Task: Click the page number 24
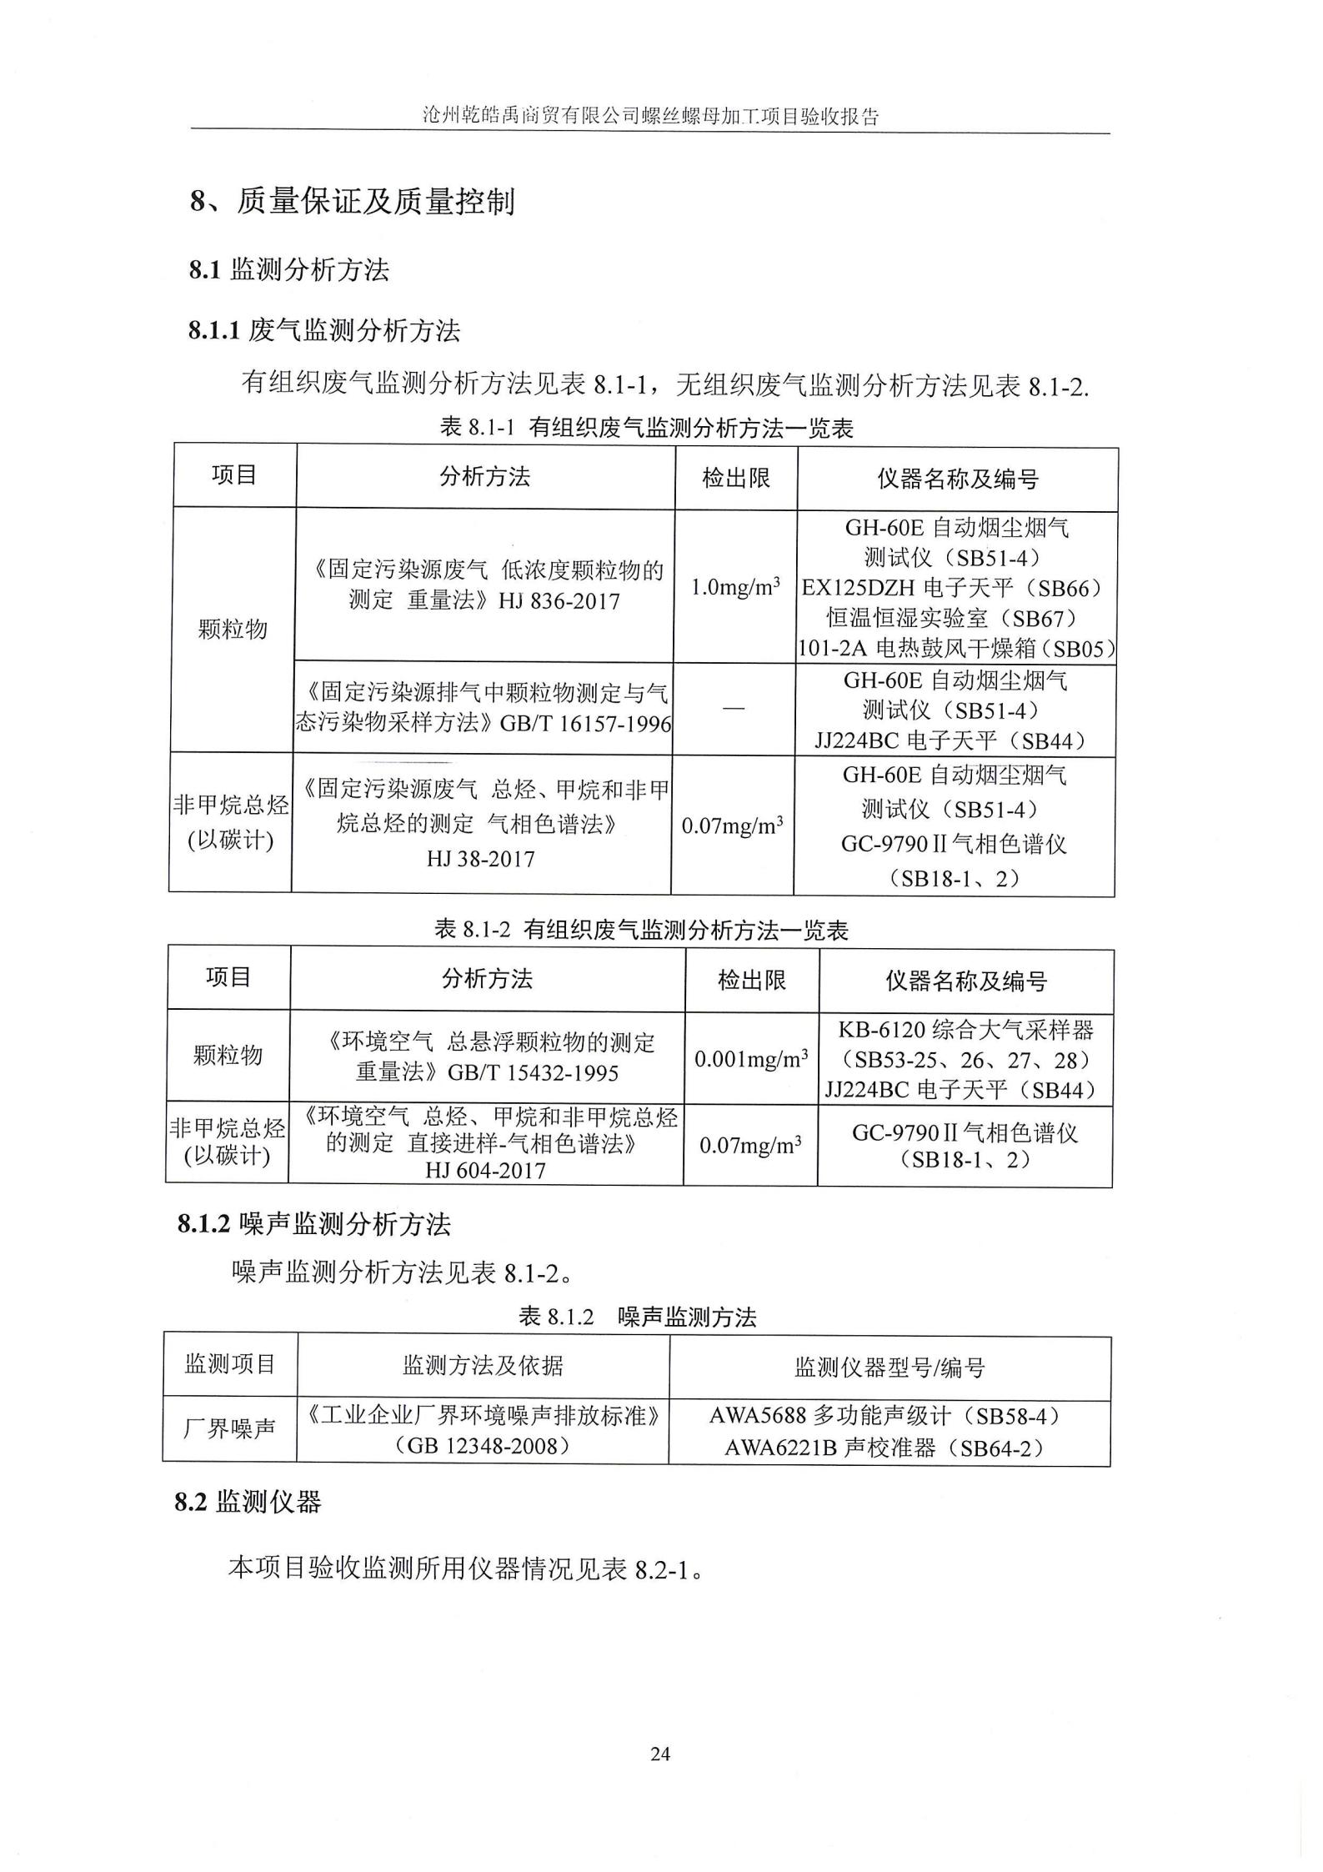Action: (659, 1754)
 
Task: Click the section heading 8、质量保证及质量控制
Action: (352, 201)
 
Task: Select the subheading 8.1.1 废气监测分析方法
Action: (323, 331)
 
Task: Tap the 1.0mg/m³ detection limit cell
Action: (735, 587)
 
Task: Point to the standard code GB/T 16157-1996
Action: (584, 723)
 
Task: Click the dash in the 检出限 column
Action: (733, 708)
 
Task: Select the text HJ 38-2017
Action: (480, 859)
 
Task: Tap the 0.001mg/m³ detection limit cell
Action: (751, 1060)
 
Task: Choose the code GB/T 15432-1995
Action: (533, 1073)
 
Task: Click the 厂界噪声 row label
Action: (229, 1429)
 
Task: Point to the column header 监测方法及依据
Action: (483, 1366)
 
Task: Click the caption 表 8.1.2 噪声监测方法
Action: (637, 1317)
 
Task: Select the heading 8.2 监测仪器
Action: (248, 1503)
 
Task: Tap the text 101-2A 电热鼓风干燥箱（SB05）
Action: (956, 649)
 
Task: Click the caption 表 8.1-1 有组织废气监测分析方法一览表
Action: (646, 428)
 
